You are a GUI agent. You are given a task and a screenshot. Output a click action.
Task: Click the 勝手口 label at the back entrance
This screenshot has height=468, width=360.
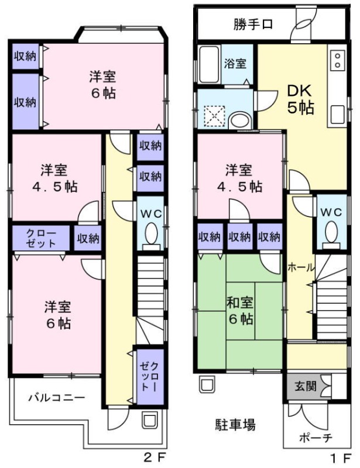pyautogui.click(x=253, y=25)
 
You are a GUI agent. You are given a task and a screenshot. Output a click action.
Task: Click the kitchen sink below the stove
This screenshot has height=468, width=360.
pyautogui.click(x=338, y=113)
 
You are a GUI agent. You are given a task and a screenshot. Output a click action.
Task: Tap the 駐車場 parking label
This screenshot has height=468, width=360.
pyautogui.click(x=235, y=424)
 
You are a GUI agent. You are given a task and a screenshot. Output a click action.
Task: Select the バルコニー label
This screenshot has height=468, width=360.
pyautogui.click(x=56, y=397)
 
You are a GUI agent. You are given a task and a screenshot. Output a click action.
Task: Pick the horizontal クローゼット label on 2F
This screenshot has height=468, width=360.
pyautogui.click(x=40, y=238)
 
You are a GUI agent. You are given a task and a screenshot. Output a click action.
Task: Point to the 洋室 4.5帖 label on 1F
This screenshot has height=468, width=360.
pyautogui.click(x=239, y=178)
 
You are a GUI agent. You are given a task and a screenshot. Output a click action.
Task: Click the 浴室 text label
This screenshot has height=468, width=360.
pyautogui.click(x=236, y=64)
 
